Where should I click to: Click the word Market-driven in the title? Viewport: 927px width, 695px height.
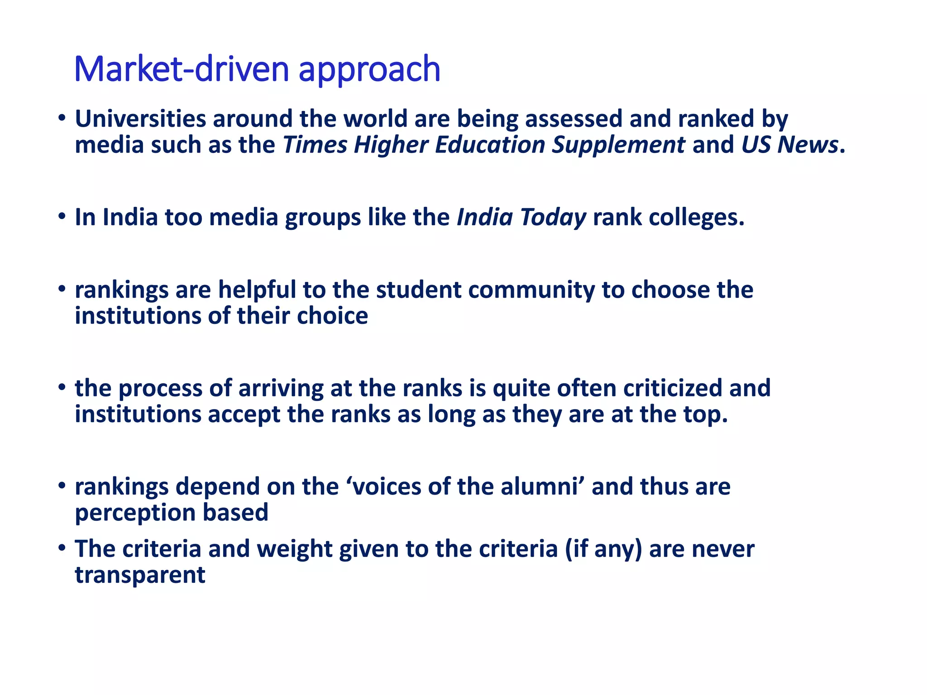[182, 69]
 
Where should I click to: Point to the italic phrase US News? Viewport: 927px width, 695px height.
[789, 145]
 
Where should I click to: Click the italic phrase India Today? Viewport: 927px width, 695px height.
[521, 218]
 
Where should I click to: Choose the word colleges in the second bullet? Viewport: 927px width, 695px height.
[696, 218]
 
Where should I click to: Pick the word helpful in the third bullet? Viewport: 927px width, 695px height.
[257, 290]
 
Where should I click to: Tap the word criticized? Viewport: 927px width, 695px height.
[672, 388]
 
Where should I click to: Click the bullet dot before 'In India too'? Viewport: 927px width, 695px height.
[62, 217]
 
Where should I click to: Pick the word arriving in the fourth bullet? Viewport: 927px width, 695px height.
[281, 389]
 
